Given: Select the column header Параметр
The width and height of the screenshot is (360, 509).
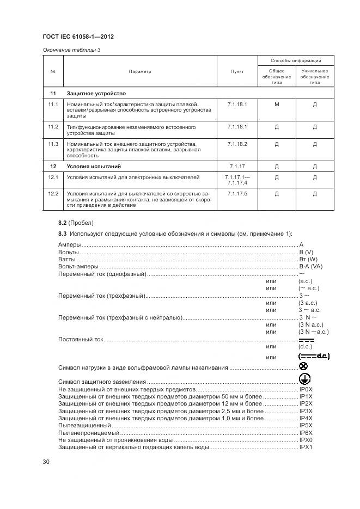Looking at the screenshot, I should (140, 71).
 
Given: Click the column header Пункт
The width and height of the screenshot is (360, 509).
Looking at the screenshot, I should (237, 71).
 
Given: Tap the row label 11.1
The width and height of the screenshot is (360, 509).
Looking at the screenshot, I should (53, 103).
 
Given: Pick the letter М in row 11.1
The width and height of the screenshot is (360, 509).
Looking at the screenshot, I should (276, 103).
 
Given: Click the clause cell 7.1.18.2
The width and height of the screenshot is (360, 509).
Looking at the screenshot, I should (237, 144).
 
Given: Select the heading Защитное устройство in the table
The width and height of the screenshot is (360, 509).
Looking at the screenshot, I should (96, 93).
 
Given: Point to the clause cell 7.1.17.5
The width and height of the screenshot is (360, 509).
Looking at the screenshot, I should (237, 193).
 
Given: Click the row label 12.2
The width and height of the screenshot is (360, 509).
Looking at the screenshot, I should (53, 193).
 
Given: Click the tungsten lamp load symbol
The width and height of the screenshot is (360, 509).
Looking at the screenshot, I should (303, 367).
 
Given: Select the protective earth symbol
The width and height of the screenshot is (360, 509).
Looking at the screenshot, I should (304, 379).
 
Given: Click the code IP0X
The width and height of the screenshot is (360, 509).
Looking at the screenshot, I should (306, 390).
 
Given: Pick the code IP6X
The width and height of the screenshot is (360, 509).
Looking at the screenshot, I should (306, 432).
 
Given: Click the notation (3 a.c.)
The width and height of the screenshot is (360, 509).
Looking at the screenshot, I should (308, 303).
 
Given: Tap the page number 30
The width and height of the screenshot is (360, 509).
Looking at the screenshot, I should (46, 462).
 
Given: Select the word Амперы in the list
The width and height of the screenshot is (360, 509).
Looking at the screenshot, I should (69, 245).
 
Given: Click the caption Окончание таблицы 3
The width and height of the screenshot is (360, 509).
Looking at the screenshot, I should (71, 50).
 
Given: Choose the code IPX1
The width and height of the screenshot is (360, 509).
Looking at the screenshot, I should (306, 446).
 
